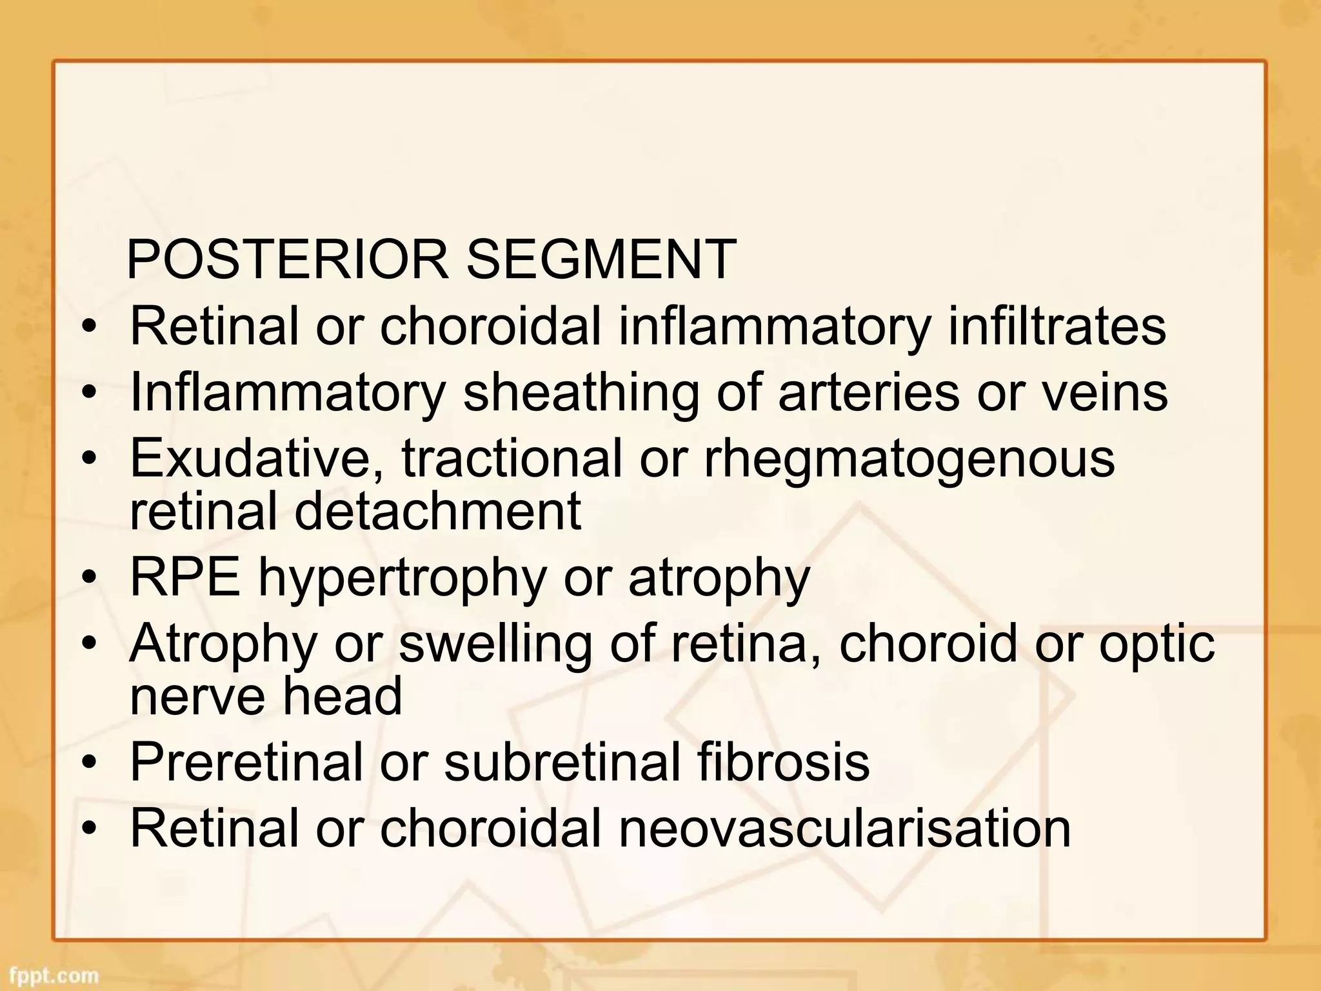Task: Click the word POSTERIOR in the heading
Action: point(287,259)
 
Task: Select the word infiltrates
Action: point(1057,326)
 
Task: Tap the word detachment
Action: point(438,511)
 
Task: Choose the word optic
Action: point(1157,644)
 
